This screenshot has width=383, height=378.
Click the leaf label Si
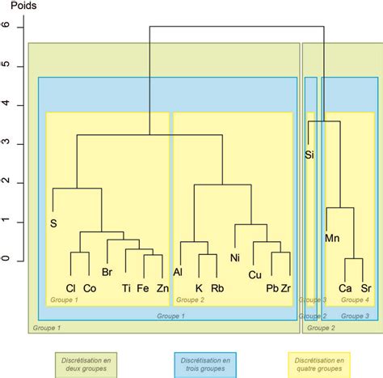[309, 155]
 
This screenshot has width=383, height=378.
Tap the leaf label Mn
[332, 238]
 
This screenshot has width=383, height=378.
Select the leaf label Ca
[345, 288]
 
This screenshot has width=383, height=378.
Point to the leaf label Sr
[366, 288]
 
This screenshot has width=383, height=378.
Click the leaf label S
[53, 223]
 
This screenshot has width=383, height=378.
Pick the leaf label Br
[107, 272]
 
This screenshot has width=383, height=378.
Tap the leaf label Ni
[235, 258]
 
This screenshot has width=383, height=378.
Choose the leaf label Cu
[255, 275]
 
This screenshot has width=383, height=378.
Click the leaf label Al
[178, 272]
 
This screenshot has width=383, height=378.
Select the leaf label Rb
[217, 288]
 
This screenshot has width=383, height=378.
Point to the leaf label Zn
[162, 288]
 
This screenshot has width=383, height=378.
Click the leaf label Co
[90, 288]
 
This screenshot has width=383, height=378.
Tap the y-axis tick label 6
[6, 24]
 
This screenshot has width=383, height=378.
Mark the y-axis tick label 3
[6, 142]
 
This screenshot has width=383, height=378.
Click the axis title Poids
[23, 5]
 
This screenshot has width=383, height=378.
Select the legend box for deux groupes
[86, 365]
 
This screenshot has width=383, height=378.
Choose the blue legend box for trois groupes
[205, 365]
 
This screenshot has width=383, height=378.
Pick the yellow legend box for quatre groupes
[319, 365]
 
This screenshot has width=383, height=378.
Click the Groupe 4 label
[355, 299]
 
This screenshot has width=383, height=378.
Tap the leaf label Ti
[126, 288]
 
